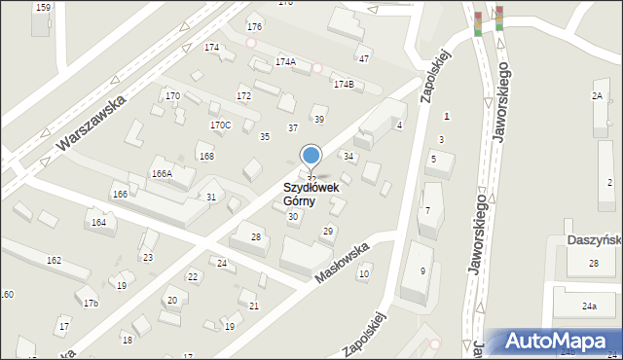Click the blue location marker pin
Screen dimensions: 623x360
(311, 156)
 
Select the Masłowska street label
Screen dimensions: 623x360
(342, 263)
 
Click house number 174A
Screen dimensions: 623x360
(285, 61)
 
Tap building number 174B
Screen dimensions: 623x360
(344, 84)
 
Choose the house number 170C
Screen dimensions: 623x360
(220, 125)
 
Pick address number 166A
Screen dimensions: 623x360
(162, 173)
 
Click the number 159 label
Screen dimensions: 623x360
(43, 8)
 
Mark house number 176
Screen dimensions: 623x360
(254, 26)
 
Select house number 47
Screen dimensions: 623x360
(364, 58)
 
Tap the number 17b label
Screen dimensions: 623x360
(91, 304)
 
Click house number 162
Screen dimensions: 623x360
(54, 260)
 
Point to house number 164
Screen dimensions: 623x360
(98, 223)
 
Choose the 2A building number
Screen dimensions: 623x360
(597, 95)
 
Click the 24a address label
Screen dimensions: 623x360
(589, 306)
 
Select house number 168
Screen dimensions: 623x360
(205, 156)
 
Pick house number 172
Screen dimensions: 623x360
(243, 95)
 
